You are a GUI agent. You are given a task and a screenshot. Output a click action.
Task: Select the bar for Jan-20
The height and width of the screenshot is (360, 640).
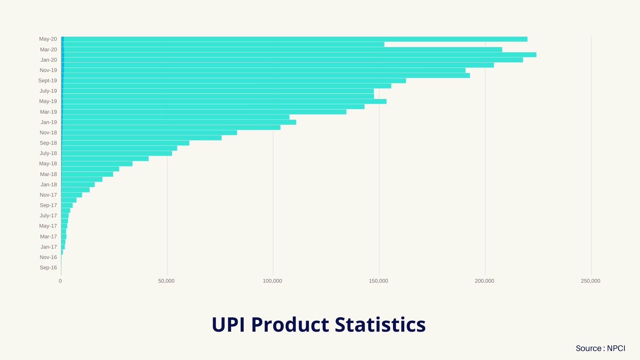pos(292,60)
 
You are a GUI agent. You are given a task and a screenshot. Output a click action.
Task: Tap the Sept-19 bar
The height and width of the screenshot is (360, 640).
pos(233,81)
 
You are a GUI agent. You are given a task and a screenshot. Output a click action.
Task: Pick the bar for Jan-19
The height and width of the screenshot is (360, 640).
pos(179,122)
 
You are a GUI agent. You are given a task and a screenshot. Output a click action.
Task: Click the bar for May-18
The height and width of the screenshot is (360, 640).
pos(97,164)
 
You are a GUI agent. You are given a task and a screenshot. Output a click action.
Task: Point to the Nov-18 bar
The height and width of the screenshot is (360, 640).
pos(149,133)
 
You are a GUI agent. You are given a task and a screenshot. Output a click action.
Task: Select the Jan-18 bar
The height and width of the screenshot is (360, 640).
pos(78,185)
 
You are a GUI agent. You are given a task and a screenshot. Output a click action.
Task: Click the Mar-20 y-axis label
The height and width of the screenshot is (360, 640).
pos(48,50)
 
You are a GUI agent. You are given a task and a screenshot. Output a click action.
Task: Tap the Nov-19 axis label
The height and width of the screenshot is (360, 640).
pos(48,70)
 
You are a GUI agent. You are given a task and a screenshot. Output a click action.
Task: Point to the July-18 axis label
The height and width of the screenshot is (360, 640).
pos(48,153)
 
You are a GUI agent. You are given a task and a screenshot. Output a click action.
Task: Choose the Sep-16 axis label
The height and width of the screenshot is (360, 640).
pos(48,268)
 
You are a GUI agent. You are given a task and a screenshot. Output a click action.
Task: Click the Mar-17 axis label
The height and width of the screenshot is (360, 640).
pos(48,237)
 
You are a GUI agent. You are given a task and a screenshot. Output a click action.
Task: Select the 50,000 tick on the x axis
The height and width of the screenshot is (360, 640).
pos(166,281)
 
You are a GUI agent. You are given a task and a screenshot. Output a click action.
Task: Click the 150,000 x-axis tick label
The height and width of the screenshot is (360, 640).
pos(378,281)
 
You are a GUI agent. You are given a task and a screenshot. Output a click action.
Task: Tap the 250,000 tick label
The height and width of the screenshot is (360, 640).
pos(590,281)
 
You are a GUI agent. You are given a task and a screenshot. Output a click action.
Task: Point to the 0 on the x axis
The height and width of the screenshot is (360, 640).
pos(60,281)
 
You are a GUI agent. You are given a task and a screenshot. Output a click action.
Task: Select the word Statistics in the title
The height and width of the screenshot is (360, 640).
pos(380,325)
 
